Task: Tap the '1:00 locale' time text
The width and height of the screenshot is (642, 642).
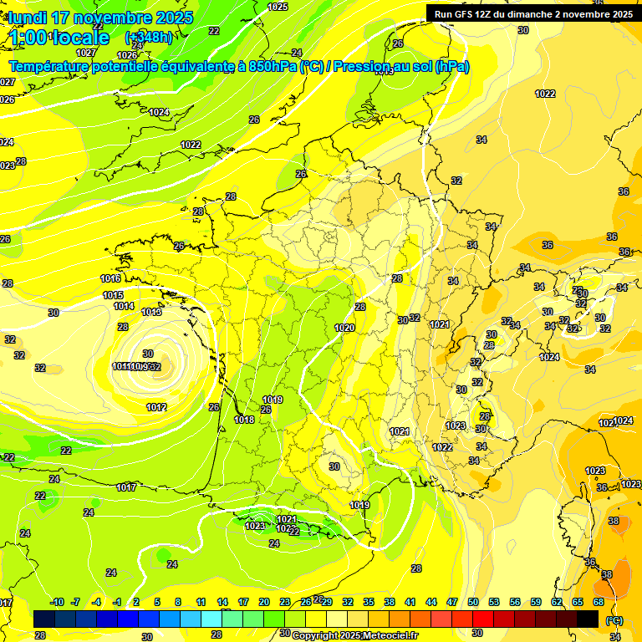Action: (x=59, y=38)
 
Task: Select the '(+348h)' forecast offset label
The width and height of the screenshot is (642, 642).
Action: (x=149, y=38)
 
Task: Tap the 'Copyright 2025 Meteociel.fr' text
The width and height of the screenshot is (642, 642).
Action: (x=354, y=635)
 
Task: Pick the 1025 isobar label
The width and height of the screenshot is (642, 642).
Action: (x=278, y=7)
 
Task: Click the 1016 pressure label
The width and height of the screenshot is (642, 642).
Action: (x=110, y=278)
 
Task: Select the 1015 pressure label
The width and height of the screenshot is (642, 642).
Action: (x=114, y=295)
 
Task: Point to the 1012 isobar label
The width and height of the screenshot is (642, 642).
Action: (x=156, y=407)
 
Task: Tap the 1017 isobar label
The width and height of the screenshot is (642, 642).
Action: (x=126, y=487)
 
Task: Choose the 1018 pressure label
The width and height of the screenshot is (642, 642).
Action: (x=244, y=420)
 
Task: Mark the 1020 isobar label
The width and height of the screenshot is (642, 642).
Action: (x=344, y=329)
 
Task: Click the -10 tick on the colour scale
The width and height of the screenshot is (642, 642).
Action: (x=57, y=602)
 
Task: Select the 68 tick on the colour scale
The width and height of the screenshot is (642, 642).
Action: (x=599, y=602)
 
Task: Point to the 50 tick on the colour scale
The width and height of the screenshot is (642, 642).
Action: (x=473, y=602)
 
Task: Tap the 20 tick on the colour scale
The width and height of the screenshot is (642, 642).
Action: (x=264, y=602)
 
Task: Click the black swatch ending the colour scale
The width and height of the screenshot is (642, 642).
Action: (x=588, y=619)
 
